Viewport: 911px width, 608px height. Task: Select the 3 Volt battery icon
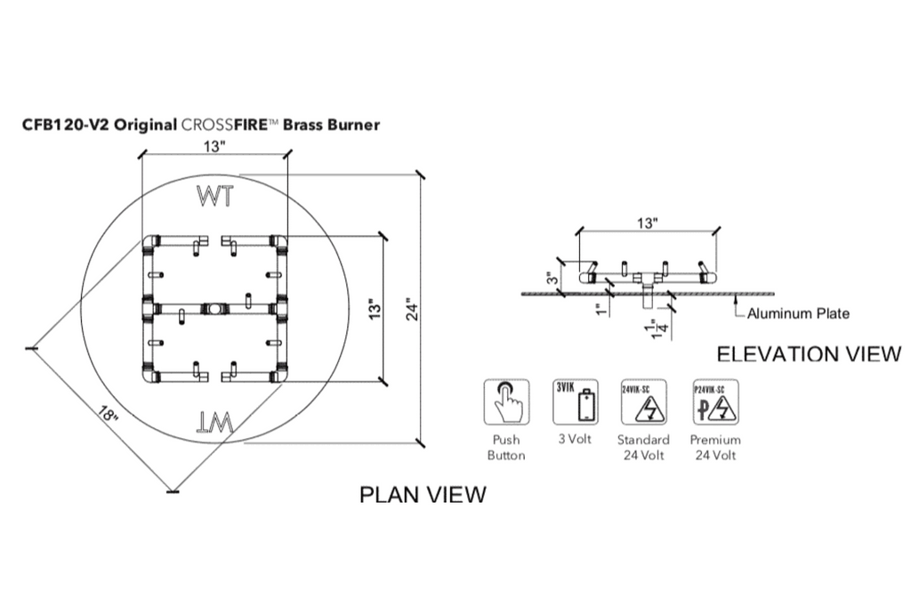[576, 402]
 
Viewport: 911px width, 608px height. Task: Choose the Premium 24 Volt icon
[714, 402]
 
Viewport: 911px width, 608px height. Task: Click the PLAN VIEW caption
[423, 495]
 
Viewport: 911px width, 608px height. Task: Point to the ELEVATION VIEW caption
[808, 354]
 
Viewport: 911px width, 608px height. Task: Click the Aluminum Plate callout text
[798, 313]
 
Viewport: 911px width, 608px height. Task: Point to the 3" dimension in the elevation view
[552, 280]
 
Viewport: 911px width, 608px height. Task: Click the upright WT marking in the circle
[215, 196]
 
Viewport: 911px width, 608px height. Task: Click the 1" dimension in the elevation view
[601, 308]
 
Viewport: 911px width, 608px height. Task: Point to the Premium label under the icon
[714, 440]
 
